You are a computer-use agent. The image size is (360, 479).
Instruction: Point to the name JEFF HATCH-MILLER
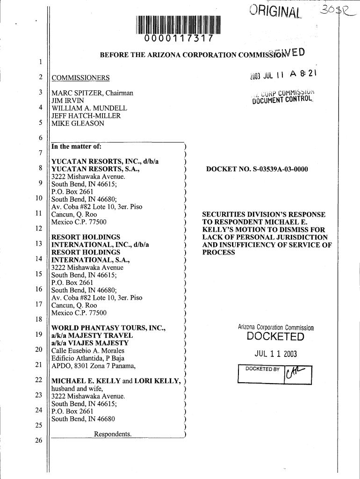pyautogui.click(x=86, y=116)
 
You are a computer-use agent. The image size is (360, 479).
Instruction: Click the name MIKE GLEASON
pyautogui.click(x=78, y=123)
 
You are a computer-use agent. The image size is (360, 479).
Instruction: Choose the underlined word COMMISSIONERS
pyautogui.click(x=80, y=78)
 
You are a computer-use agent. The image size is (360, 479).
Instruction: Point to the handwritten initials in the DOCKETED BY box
pyautogui.click(x=296, y=373)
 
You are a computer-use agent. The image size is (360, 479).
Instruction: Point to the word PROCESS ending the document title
pyautogui.click(x=218, y=253)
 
